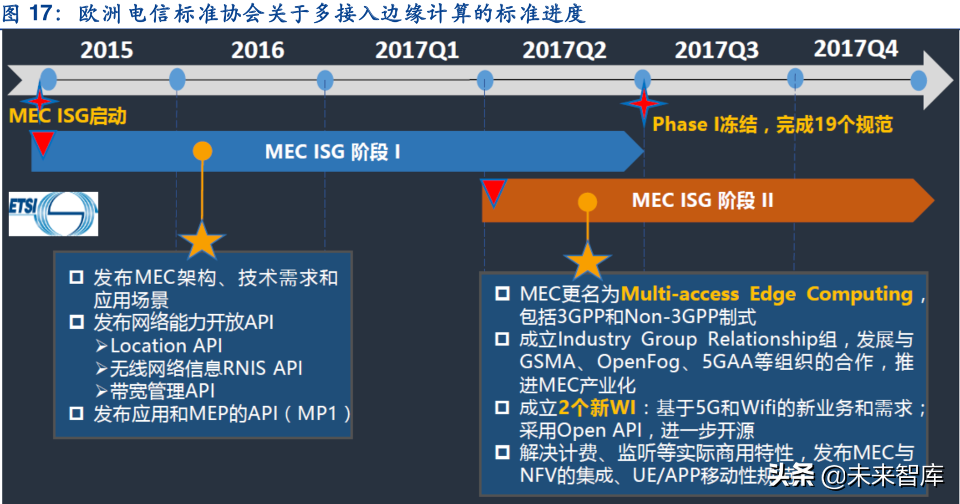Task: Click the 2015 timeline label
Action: tap(107, 50)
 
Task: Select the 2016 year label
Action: tap(257, 50)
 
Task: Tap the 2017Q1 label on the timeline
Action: tap(417, 50)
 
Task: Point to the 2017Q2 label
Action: tap(564, 50)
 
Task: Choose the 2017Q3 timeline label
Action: tap(716, 50)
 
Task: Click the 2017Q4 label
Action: tap(856, 49)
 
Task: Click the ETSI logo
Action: tap(53, 214)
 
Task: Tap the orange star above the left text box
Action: tap(202, 240)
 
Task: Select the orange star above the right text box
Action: tap(587, 261)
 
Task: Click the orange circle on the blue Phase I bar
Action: tap(202, 151)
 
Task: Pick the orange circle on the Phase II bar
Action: tap(587, 201)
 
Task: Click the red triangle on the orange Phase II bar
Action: tap(494, 191)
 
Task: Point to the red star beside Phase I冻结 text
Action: tap(643, 104)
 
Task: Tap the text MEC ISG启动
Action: tap(68, 116)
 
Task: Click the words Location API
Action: tap(166, 345)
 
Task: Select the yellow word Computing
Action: tap(859, 294)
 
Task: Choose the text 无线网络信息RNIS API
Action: tap(206, 368)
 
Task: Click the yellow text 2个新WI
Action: tap(597, 408)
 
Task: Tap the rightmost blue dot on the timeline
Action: tap(918, 80)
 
